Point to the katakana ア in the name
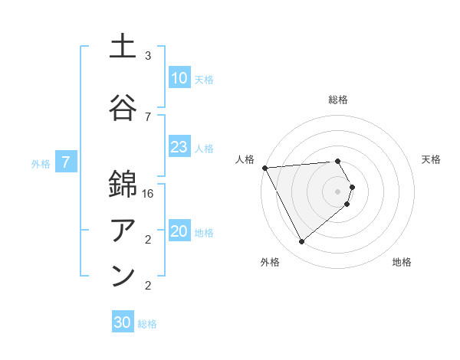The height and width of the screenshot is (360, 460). point(123,229)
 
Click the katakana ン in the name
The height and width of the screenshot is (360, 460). point(123,275)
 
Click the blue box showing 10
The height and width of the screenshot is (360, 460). point(179,78)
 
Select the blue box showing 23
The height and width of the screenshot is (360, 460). point(179,147)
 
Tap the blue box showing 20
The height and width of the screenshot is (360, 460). point(179,231)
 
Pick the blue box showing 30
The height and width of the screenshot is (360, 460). point(123,322)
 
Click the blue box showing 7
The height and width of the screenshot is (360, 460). point(66,162)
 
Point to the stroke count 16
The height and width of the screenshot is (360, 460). point(149,193)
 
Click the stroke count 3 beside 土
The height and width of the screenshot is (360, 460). point(148,56)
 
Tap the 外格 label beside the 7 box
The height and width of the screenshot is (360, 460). point(41,163)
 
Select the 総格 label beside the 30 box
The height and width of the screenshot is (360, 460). point(147,324)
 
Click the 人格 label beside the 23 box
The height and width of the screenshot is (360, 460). point(204,149)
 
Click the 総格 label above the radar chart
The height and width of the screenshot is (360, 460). point(338,100)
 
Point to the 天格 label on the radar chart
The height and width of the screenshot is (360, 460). point(431,159)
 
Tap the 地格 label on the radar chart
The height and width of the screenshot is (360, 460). point(402,262)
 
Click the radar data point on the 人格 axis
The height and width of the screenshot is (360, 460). point(264,167)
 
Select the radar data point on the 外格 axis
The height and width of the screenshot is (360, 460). point(301,242)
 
